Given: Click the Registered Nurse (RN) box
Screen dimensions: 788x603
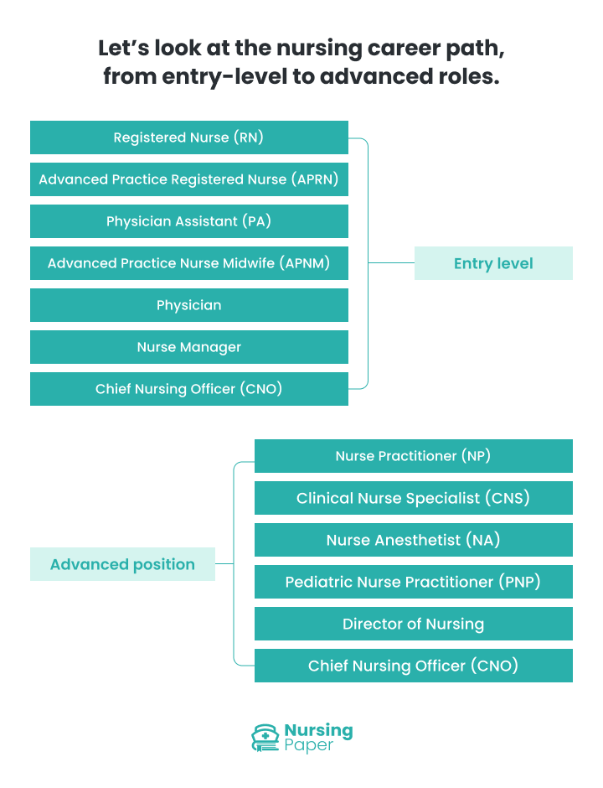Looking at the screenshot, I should click(x=188, y=137).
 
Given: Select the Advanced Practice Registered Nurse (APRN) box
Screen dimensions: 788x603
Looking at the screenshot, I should click(x=188, y=179).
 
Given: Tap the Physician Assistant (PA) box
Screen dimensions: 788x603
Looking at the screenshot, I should click(x=188, y=221).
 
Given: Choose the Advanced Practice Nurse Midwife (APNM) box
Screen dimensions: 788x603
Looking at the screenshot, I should click(x=188, y=263).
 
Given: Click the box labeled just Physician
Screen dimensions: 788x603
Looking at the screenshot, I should click(x=188, y=305).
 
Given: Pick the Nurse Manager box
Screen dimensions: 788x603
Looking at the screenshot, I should click(x=188, y=347).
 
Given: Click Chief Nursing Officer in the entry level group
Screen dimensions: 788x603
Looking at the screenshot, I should click(x=188, y=389).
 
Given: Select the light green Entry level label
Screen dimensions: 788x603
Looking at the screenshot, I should click(x=493, y=263).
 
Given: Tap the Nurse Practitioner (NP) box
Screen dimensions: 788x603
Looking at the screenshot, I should click(x=413, y=456).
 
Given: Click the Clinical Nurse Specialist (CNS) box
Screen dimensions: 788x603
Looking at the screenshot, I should click(x=413, y=498).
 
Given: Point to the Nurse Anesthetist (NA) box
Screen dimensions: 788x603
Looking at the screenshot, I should click(x=413, y=540).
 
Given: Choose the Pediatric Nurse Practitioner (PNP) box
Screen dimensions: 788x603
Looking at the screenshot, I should click(x=413, y=582).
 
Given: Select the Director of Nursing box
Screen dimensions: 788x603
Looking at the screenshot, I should click(x=413, y=624).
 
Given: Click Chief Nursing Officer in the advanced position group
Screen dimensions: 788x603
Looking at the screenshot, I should click(x=413, y=666).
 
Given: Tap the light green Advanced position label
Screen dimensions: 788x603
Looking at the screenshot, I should click(x=122, y=564).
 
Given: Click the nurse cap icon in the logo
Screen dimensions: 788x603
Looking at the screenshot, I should click(x=265, y=738).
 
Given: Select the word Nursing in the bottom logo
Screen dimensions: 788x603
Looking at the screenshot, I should click(x=318, y=730).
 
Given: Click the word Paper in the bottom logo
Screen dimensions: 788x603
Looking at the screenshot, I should click(x=308, y=746).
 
